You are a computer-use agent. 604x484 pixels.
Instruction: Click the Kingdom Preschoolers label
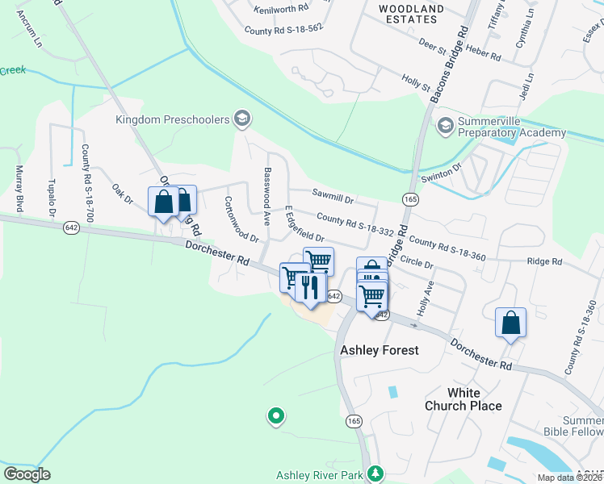pyautogui.click(x=173, y=120)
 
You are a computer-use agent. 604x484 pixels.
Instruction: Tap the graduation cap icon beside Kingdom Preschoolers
pyautogui.click(x=241, y=120)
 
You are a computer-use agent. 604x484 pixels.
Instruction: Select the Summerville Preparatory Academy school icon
pyautogui.click(x=444, y=126)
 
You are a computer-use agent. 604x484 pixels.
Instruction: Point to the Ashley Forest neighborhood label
pyautogui.click(x=380, y=350)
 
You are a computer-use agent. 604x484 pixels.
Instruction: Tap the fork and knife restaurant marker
pyautogui.click(x=310, y=286)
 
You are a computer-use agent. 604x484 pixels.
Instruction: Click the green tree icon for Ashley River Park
pyautogui.click(x=374, y=474)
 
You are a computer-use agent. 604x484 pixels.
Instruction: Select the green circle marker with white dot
pyautogui.click(x=276, y=416)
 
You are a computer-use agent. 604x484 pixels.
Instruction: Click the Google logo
pyautogui.click(x=27, y=474)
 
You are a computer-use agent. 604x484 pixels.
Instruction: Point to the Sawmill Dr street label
pyautogui.click(x=333, y=194)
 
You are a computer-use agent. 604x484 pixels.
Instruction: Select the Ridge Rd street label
pyautogui.click(x=544, y=261)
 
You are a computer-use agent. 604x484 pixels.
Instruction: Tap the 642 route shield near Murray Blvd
pyautogui.click(x=72, y=227)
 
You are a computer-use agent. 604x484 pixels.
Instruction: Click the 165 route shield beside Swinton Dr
pyautogui.click(x=411, y=198)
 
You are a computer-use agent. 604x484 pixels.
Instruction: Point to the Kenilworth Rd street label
pyautogui.click(x=282, y=10)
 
